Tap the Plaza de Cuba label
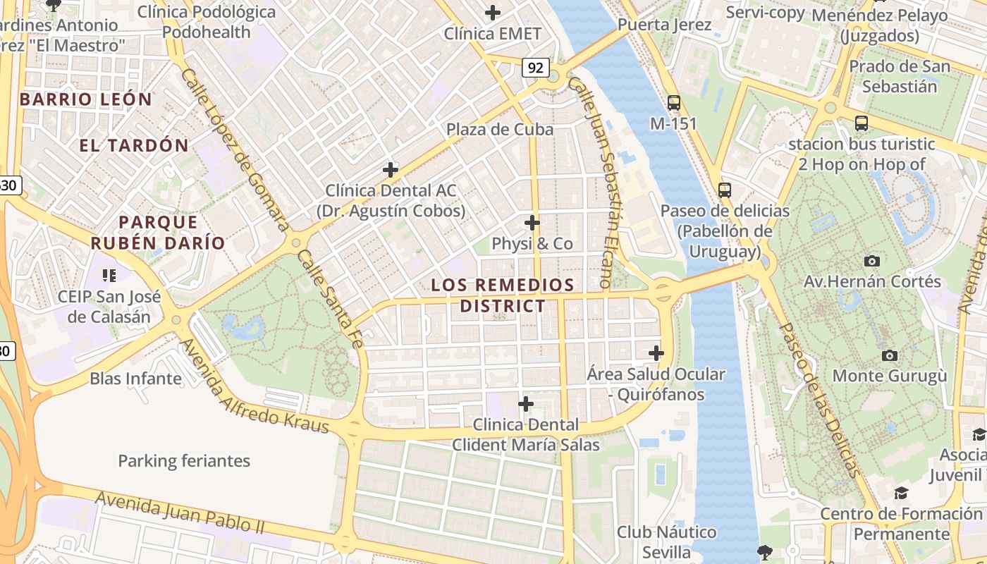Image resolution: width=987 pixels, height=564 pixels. pos(499,130)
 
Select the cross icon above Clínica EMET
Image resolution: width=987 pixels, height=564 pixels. pos(493,13)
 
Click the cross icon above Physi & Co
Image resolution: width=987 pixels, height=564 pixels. pos(532,223)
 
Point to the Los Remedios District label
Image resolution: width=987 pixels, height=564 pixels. pos(503,295)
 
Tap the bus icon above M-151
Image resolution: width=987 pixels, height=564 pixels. pos(674,103)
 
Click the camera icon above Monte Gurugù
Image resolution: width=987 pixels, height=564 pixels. pos(890,355)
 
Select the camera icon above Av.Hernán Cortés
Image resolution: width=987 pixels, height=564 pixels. pos(872,261)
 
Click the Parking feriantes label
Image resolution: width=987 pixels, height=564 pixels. pos(184,461)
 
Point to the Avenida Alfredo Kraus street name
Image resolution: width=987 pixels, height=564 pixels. pos(254,386)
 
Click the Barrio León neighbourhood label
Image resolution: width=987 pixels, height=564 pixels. pos(86,99)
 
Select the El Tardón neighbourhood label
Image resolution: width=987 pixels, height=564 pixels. pos(134,146)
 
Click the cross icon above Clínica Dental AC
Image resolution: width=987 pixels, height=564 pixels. pos(391,170)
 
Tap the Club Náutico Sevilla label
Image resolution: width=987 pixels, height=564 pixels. pos(666,541)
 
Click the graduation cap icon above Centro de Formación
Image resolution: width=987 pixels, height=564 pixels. pos(901,492)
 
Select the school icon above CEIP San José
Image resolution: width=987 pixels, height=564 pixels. pos(109,275)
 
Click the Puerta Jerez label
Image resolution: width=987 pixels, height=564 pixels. pos(664,25)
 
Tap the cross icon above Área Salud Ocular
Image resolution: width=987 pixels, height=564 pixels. pos(656,352)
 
